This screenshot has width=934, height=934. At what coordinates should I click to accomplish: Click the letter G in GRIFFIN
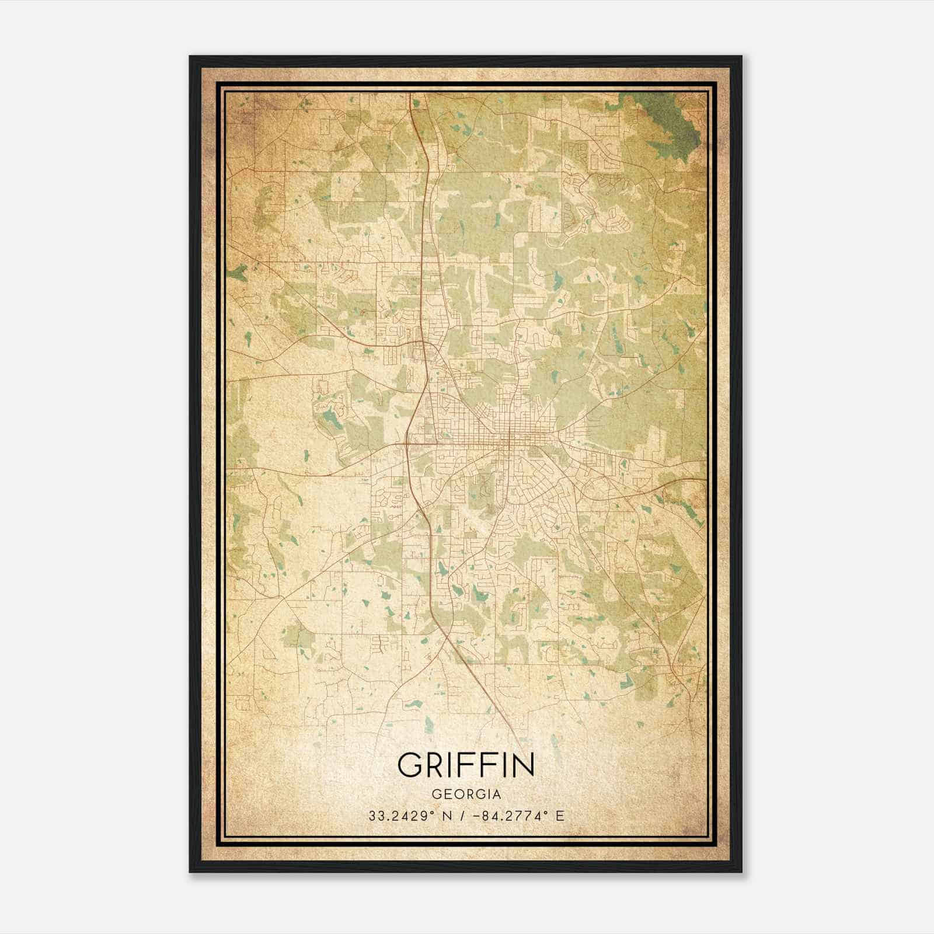pyautogui.click(x=411, y=765)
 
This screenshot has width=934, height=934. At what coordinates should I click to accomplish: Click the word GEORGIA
pyautogui.click(x=466, y=794)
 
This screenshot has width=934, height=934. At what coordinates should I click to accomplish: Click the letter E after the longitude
pyautogui.click(x=560, y=816)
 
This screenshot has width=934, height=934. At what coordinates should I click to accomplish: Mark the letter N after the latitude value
pyautogui.click(x=448, y=816)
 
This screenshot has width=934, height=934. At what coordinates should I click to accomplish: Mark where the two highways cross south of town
pyautogui.click(x=447, y=640)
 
